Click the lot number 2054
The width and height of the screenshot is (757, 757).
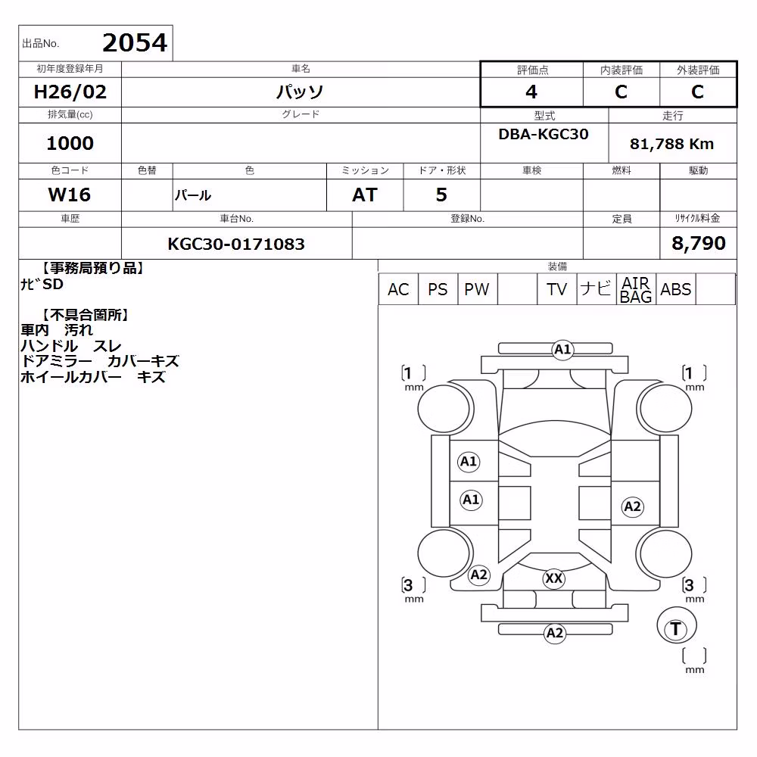tap(135, 43)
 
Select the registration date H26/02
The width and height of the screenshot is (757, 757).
tap(70, 92)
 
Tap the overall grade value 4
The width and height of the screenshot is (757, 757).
tap(531, 92)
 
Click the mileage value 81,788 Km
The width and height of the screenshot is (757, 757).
tap(671, 144)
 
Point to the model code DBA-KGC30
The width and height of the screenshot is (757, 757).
tap(543, 134)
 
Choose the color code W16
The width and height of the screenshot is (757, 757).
tap(70, 195)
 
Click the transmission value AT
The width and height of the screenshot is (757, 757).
tap(365, 195)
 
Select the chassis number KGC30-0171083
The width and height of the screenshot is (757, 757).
tap(236, 244)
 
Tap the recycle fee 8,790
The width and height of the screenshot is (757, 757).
tap(699, 243)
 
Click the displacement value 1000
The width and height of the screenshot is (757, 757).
tap(70, 143)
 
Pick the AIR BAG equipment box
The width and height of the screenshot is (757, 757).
tap(636, 289)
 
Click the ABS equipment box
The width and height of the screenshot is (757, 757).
tap(676, 289)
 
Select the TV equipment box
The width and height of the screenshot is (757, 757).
tap(556, 289)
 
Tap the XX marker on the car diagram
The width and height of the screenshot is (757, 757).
tap(553, 578)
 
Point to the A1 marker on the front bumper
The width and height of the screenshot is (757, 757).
tap(562, 349)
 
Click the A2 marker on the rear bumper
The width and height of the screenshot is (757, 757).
tap(555, 633)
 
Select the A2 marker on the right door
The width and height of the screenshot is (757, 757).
tap(632, 506)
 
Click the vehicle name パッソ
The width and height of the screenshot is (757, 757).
tap(300, 92)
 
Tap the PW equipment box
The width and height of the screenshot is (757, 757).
tap(477, 289)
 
